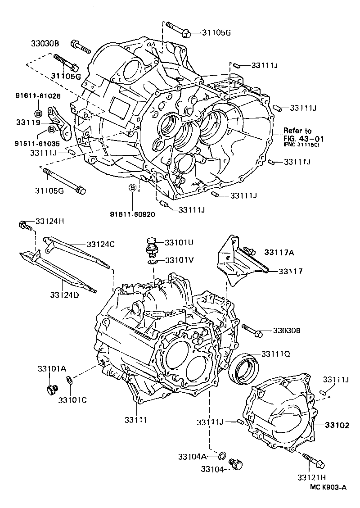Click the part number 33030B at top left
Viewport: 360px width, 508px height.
coord(45,43)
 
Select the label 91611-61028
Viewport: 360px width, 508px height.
coord(39,96)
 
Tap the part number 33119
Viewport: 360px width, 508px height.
coord(28,122)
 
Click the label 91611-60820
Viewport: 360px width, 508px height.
coord(134,214)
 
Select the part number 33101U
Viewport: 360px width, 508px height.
coord(179,242)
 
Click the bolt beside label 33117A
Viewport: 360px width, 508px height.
coord(249,250)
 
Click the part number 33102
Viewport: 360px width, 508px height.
coord(337,425)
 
